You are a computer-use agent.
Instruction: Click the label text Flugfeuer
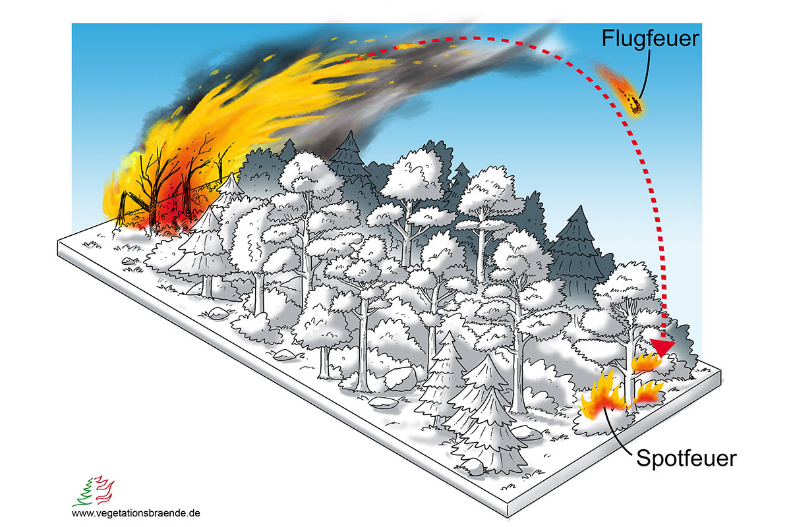click(649, 39)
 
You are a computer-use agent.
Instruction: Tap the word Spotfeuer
click(686, 458)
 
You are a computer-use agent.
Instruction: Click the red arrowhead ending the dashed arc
click(664, 347)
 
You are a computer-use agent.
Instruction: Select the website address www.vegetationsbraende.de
click(136, 512)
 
